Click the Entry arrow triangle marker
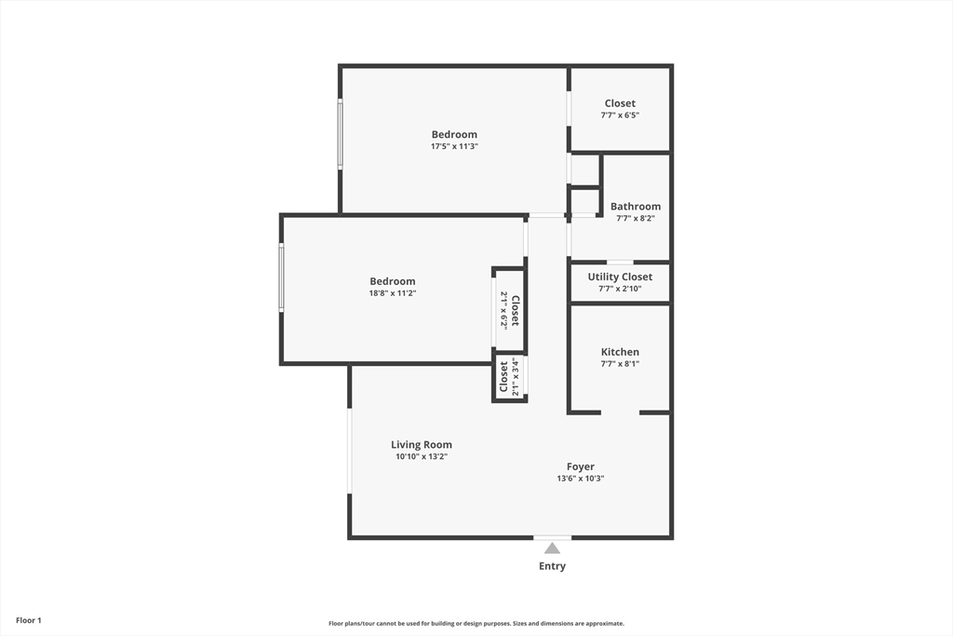552,548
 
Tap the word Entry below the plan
552,566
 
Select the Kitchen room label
620,352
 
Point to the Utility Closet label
620,277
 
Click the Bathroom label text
636,207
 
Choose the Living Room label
422,445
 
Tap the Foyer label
581,467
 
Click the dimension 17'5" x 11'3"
454,146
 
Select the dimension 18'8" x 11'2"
393,293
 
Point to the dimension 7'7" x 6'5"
620,115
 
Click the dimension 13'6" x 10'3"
581,479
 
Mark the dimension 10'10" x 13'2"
422,457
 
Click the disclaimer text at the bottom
476,624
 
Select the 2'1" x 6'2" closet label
510,310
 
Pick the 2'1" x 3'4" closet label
509,379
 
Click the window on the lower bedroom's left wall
281,277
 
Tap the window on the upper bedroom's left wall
340,134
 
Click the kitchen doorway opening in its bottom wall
620,412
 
